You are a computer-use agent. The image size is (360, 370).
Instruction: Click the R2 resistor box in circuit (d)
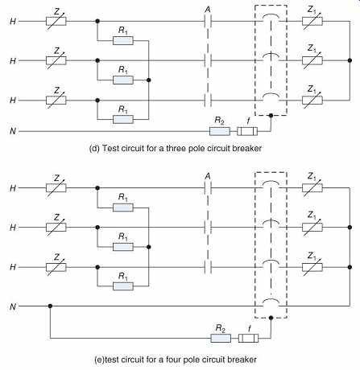pos(220,131)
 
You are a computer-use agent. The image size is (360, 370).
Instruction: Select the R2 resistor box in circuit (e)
pos(221,338)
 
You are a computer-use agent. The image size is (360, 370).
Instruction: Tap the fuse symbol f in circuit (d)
pos(247,131)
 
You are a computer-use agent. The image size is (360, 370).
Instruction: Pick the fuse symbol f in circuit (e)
pos(248,338)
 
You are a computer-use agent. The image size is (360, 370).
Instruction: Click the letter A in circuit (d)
pos(208,10)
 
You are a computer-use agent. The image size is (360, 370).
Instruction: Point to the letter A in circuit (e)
pos(208,176)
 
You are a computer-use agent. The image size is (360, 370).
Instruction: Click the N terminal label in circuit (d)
pos(13,131)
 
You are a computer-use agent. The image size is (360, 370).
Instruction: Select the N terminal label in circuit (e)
pos(13,306)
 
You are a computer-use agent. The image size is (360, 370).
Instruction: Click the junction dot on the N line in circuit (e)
pos(50,306)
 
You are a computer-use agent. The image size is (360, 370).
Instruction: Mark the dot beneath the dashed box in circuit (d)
pos(271,116)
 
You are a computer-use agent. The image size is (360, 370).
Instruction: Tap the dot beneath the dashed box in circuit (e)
pos(271,318)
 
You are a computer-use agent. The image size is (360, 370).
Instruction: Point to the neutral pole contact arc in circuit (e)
pos(271,300)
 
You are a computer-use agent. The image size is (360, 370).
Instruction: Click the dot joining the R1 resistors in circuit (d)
pos(149,80)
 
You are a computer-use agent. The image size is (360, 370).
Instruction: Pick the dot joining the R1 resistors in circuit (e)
pos(149,247)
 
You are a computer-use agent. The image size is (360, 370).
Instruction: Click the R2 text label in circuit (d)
pos(219,121)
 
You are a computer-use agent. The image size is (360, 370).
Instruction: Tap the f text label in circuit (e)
pos(250,329)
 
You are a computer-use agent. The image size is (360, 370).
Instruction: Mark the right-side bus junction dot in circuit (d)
pos(350,60)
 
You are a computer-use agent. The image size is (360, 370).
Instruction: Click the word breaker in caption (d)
pos(247,148)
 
